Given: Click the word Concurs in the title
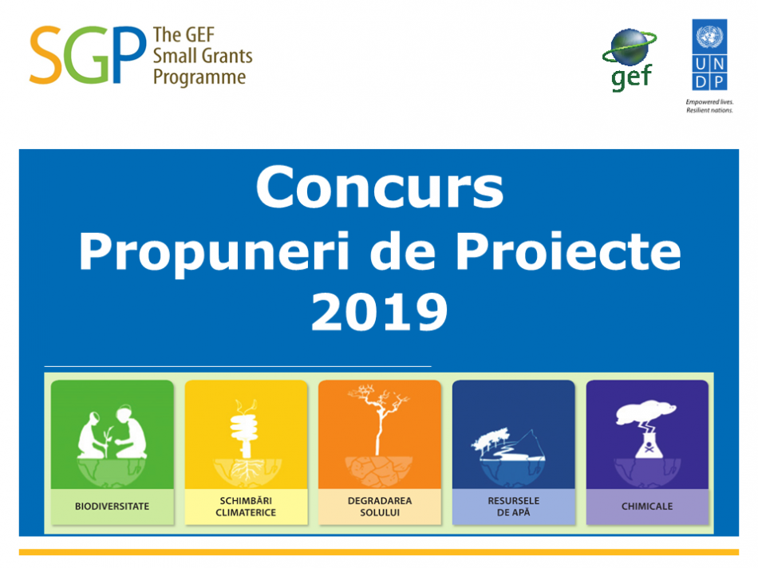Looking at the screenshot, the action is (x=380, y=188).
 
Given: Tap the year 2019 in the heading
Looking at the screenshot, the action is (x=380, y=312).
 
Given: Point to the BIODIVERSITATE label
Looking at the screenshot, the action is (x=113, y=507).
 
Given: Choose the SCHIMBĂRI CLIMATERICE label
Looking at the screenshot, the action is (x=246, y=507).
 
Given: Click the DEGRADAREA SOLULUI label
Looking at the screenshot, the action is (x=380, y=507).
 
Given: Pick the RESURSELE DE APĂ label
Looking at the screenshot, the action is (x=513, y=507).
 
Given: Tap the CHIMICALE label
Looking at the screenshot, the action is (x=647, y=507).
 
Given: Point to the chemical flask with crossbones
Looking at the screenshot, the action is (x=648, y=444).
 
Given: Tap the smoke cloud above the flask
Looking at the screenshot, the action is (x=645, y=412).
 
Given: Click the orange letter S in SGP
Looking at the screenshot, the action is (x=45, y=55).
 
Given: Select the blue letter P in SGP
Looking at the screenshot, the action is (x=128, y=54).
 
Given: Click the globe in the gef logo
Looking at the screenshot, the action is (x=629, y=47).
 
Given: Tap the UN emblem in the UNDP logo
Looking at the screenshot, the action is (x=709, y=37).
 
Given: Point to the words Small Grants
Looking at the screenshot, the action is (x=203, y=56).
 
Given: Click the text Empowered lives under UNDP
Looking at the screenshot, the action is (x=709, y=102).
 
